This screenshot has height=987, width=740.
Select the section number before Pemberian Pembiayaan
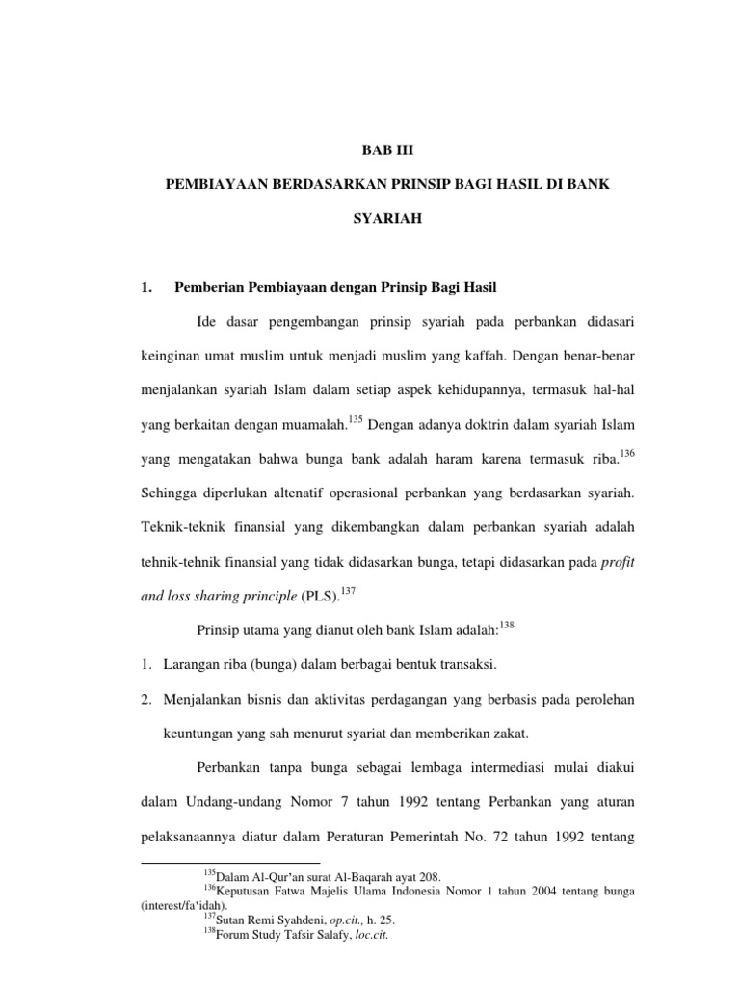click(x=147, y=287)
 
